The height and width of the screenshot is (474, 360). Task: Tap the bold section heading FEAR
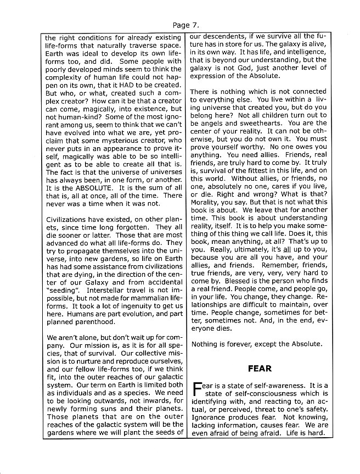click(x=259, y=368)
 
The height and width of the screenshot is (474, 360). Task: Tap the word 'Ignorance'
click(x=209, y=417)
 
